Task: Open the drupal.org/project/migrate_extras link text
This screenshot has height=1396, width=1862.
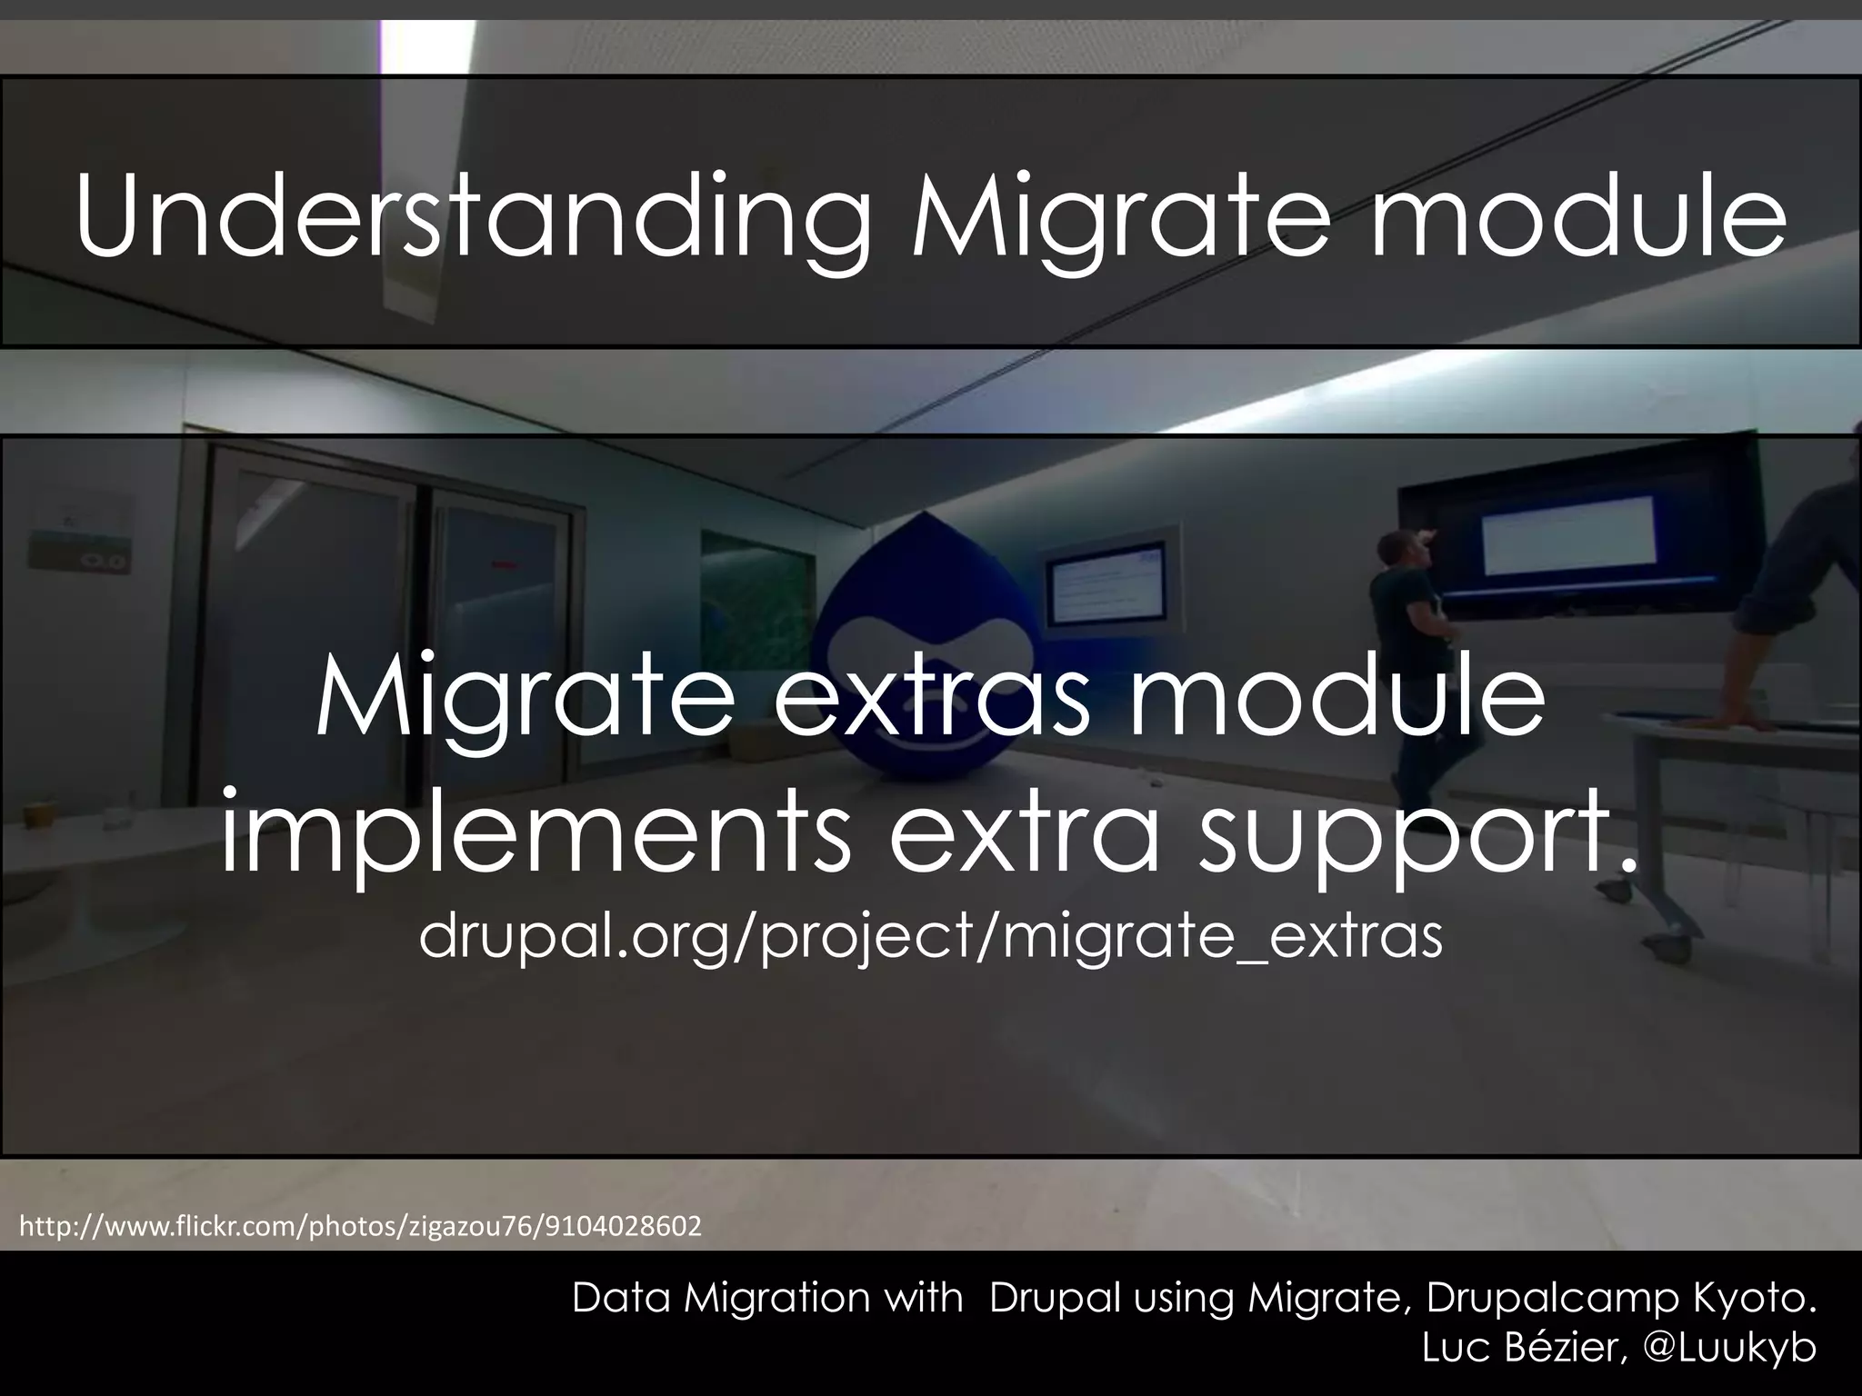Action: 930,937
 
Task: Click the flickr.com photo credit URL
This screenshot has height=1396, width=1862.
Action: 361,1227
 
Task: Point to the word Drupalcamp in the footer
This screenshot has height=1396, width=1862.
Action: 1551,1299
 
